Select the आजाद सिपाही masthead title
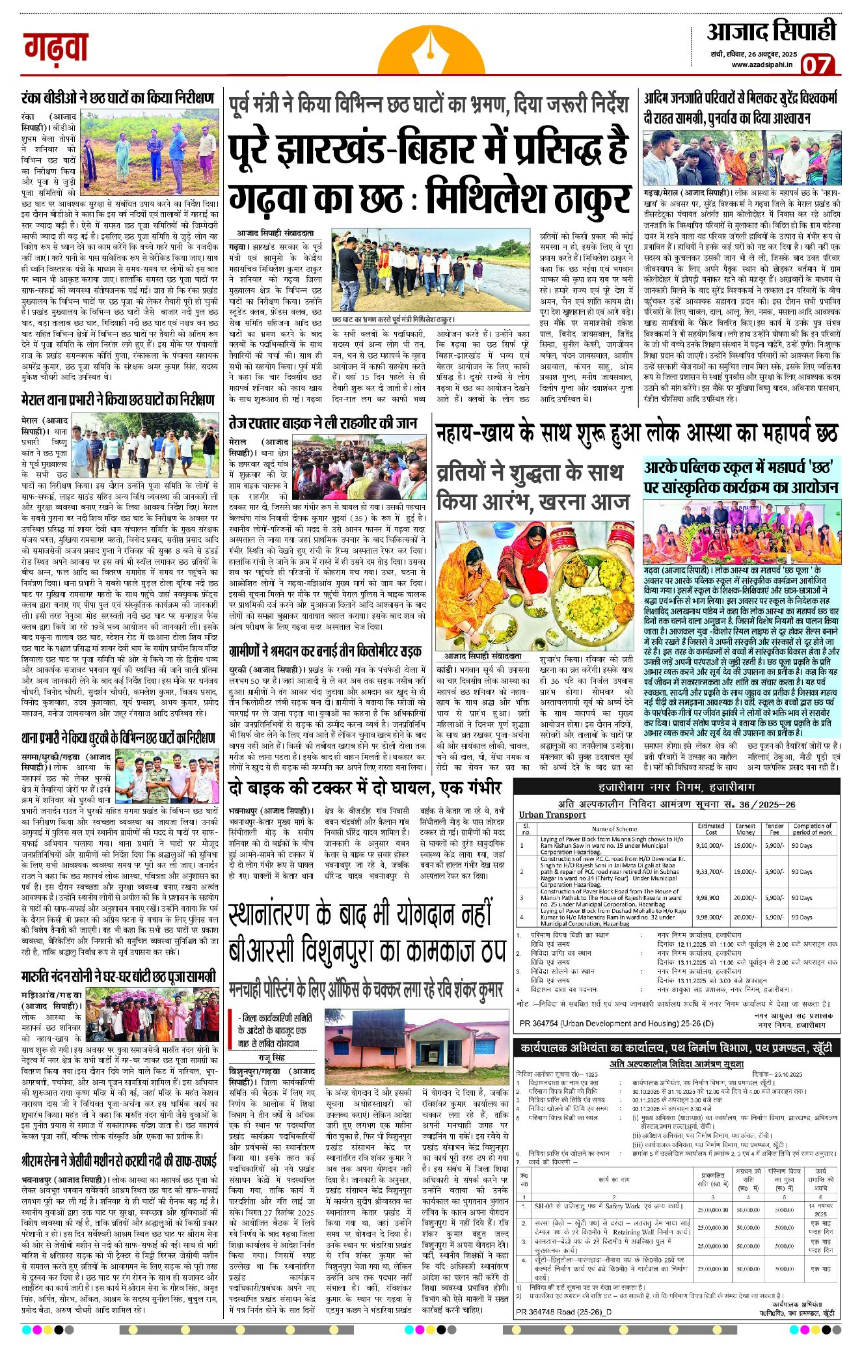771,32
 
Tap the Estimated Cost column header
710,828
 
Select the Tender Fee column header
774,828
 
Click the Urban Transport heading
552,815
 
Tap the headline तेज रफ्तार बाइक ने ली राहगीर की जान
323,423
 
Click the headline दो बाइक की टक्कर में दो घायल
365,788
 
